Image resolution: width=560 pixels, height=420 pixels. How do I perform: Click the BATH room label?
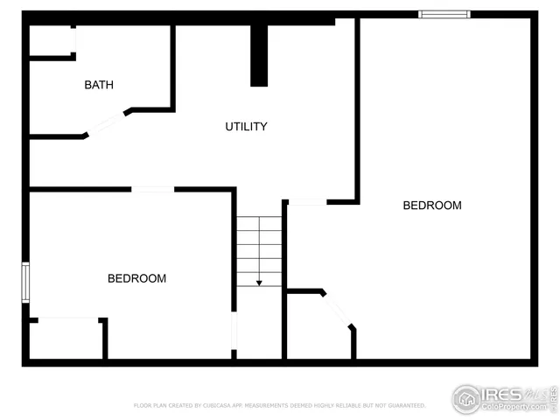pyautogui.click(x=99, y=85)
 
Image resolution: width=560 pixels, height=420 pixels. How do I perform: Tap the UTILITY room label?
pyautogui.click(x=246, y=127)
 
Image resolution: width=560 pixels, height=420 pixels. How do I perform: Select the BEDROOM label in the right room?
pyautogui.click(x=431, y=206)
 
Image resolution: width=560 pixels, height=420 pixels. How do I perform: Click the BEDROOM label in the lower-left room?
pyautogui.click(x=136, y=279)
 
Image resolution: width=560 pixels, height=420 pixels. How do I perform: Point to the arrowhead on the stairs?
pyautogui.click(x=259, y=283)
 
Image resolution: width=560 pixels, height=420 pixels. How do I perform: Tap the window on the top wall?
pyautogui.click(x=444, y=14)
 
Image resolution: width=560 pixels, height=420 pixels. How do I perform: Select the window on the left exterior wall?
pyautogui.click(x=25, y=283)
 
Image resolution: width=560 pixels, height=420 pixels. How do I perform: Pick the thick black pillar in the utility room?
pyautogui.click(x=259, y=55)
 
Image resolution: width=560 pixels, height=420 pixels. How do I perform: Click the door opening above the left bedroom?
pyautogui.click(x=152, y=189)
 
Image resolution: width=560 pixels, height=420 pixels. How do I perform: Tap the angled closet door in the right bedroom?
pyautogui.click(x=339, y=310)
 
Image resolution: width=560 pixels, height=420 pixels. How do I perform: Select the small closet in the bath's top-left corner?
pyautogui.click(x=52, y=41)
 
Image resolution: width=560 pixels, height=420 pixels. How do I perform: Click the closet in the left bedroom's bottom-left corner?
pyautogui.click(x=67, y=339)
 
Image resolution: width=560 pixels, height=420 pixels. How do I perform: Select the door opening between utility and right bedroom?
pyautogui.click(x=307, y=202)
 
